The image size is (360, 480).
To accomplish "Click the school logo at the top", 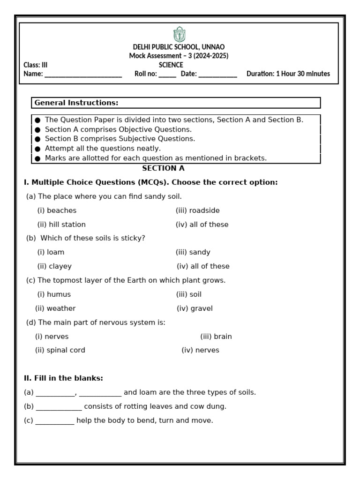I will tap(179, 35).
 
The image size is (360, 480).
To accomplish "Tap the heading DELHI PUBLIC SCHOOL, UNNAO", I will tap(179, 47).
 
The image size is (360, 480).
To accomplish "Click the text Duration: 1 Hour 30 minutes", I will tap(288, 74).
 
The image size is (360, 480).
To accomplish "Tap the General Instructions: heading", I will tap(76, 103).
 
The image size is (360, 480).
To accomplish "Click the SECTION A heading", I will tap(163, 168).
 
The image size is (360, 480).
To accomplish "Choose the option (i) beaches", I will tap(57, 210).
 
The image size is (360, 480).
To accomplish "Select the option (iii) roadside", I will tap(197, 210).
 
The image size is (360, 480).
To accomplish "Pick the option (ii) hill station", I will tap(61, 225).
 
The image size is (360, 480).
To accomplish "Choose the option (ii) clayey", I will tap(54, 266).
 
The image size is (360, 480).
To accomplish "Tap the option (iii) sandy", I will tap(193, 252).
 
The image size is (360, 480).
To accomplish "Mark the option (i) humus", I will tap(54, 294).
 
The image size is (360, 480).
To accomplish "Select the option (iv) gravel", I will tap(195, 308).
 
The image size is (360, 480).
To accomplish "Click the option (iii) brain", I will tap(216, 337).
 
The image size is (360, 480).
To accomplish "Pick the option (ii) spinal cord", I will tap(60, 350).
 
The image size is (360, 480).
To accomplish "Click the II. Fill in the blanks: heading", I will tap(63, 378).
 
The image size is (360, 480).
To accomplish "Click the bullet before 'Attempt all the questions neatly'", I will tap(37, 149).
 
